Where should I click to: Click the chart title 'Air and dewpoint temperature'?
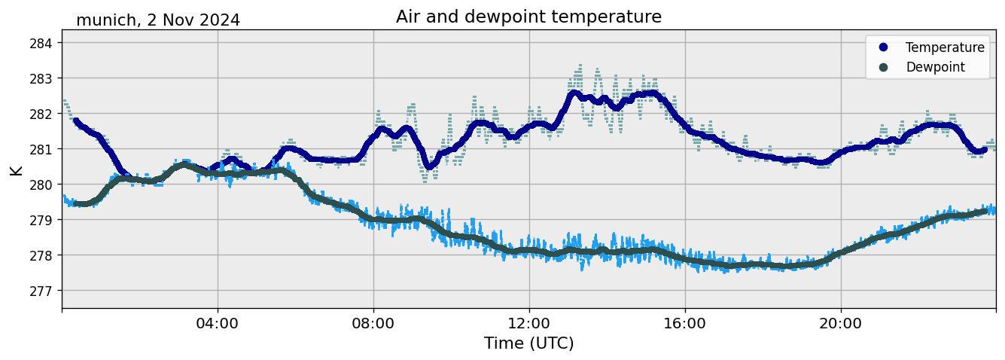coord(528,17)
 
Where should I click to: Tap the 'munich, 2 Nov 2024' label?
coord(158,20)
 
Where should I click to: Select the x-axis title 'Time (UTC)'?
coord(528,343)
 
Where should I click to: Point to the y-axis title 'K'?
coord(17,169)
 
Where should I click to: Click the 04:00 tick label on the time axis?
coord(218,323)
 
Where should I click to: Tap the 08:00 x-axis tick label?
coord(373,323)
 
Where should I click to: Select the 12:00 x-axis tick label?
coord(529,323)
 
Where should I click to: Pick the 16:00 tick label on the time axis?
coord(685,323)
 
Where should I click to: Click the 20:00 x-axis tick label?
coord(841,323)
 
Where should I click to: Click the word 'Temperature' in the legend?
coord(945,47)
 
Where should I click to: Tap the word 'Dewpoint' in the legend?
coord(935,67)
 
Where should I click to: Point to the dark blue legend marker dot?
coord(884,47)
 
